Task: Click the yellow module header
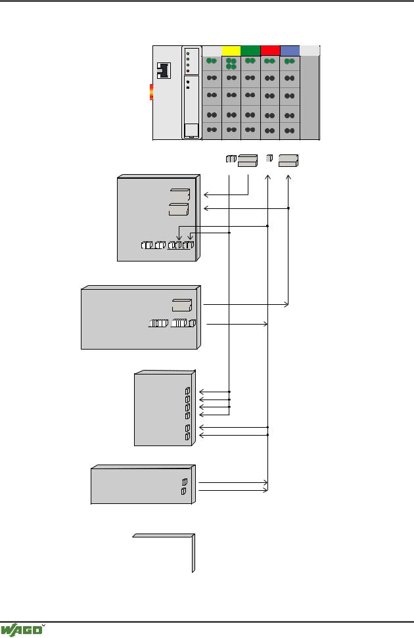(231, 50)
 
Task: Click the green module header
(250, 50)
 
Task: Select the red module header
(270, 50)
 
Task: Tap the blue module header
(289, 50)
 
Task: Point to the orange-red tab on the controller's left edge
(151, 92)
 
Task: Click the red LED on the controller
(188, 71)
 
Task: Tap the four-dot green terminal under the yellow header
(231, 64)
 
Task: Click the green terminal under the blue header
(289, 62)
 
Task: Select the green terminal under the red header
(270, 62)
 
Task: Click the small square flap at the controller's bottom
(191, 130)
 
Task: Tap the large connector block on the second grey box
(181, 304)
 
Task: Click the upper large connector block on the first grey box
(179, 195)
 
